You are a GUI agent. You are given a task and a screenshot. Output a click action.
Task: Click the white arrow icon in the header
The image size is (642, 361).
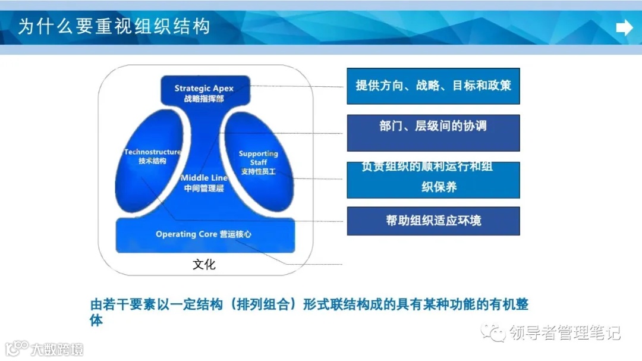point(624,27)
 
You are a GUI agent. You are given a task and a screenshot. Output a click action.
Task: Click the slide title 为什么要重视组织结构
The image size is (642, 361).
point(114,27)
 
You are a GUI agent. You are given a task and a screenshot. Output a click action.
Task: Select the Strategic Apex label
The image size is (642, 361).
point(204,89)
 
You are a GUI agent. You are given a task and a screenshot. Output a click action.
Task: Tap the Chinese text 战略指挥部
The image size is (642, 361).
point(204,99)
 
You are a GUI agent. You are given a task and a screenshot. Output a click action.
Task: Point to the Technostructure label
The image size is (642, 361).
point(153,152)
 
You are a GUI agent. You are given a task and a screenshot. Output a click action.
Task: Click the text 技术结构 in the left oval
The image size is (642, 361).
point(152,162)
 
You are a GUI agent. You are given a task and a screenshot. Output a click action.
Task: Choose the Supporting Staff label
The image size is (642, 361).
point(258,158)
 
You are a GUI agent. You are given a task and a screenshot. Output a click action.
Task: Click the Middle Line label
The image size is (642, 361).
point(204,178)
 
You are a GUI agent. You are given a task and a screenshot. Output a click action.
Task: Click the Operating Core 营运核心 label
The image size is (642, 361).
point(203,234)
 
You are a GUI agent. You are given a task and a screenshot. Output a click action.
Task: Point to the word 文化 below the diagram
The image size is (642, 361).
point(204,265)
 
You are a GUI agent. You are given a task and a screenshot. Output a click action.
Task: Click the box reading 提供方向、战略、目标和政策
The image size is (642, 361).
point(433,86)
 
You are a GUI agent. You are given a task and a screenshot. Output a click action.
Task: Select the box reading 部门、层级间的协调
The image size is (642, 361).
point(433,132)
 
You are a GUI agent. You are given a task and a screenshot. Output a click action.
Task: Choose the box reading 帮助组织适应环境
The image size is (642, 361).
point(433,221)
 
